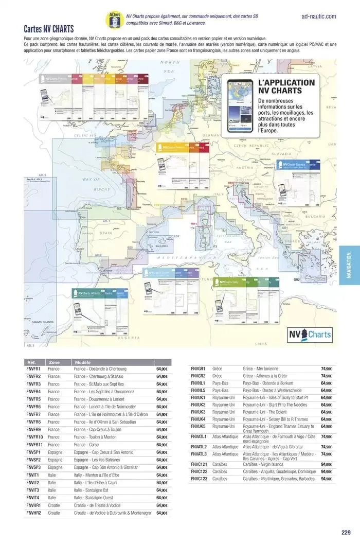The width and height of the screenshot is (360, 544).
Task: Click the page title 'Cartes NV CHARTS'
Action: tap(49, 29)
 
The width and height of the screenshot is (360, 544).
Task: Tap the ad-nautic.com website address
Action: tap(318, 16)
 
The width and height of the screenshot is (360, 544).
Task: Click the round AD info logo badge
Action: tap(114, 20)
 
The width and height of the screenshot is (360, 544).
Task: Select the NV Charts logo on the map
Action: tap(316, 335)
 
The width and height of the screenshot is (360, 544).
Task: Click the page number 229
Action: tap(346, 533)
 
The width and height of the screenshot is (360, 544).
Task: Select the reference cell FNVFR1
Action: tap(33, 369)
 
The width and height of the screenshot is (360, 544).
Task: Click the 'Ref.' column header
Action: tap(32, 362)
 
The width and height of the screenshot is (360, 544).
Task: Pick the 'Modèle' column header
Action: tap(83, 362)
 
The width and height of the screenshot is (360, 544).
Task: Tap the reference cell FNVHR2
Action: tap(33, 513)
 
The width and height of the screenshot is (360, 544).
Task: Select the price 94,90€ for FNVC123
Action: tap(327, 479)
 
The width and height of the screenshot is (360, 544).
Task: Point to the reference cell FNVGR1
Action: tap(198, 369)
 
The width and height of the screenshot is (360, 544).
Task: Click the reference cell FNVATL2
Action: tap(199, 447)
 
